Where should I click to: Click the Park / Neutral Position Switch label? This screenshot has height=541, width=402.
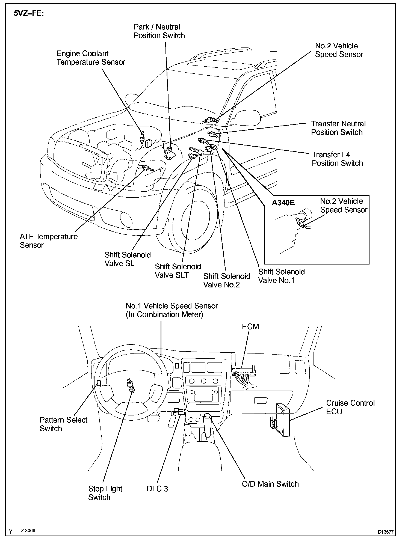[x=159, y=31]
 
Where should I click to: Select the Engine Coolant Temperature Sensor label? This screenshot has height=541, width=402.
[x=91, y=58]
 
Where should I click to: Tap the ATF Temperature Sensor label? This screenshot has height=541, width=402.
[x=49, y=240]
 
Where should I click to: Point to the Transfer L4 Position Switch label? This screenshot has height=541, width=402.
[x=337, y=159]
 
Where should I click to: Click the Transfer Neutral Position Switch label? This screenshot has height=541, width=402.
[x=338, y=128]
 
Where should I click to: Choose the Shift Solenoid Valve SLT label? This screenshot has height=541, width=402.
[x=178, y=270]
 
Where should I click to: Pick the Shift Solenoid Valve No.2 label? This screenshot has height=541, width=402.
[x=227, y=280]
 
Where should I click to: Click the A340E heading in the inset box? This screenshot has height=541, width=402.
[x=283, y=203]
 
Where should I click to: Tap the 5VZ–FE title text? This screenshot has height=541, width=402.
[x=29, y=14]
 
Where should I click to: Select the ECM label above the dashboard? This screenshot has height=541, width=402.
[x=250, y=326]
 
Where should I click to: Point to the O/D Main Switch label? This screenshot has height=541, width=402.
[x=270, y=484]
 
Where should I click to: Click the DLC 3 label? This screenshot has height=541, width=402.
[x=157, y=488]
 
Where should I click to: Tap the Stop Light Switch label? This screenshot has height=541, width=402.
[x=105, y=493]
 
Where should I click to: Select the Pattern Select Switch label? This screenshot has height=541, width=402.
[x=63, y=424]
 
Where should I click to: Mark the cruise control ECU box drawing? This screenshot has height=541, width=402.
[x=282, y=420]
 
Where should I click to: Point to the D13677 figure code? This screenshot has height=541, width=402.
[x=386, y=532]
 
